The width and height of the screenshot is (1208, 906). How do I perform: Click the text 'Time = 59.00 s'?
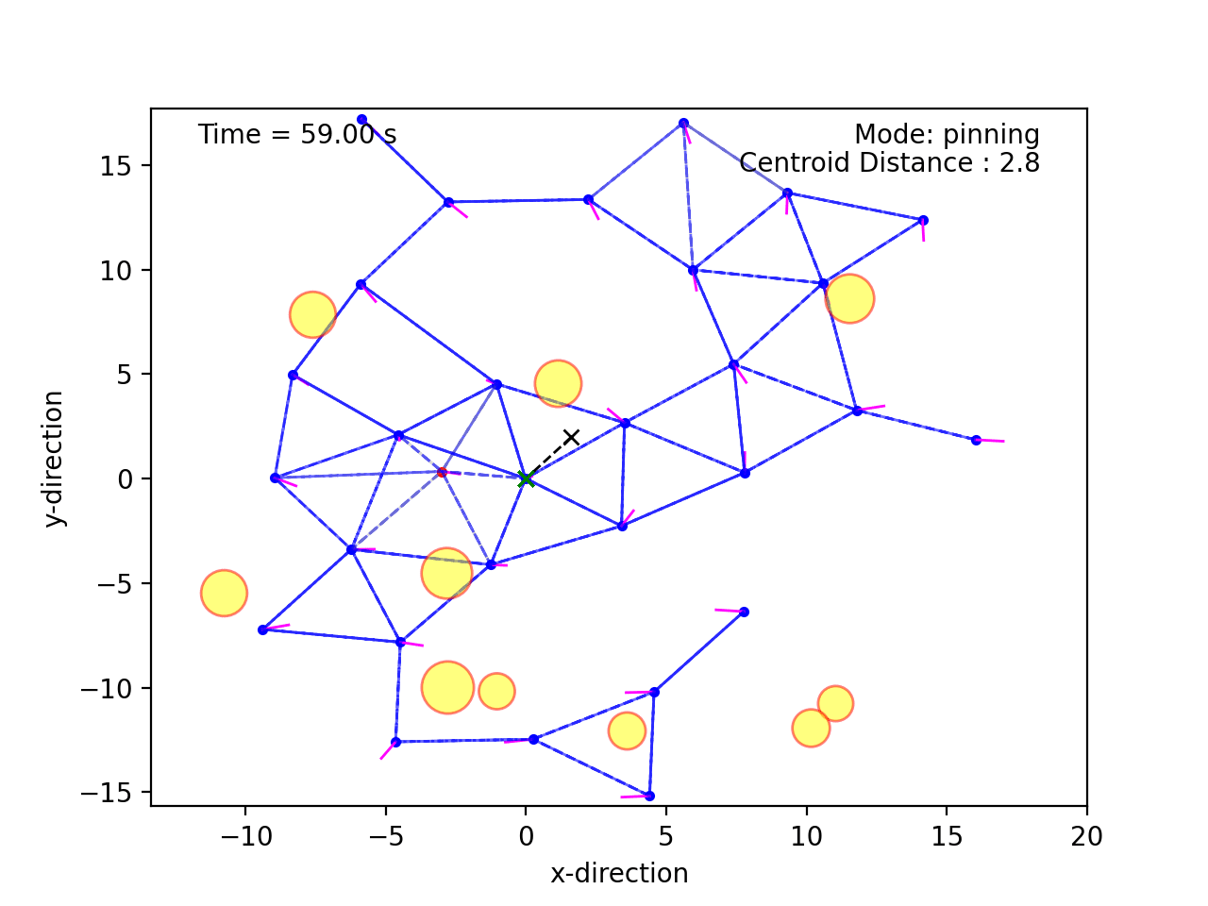click(x=296, y=135)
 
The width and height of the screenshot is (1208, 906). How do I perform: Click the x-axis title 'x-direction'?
click(x=619, y=873)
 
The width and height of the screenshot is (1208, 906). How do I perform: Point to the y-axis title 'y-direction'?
click(x=55, y=458)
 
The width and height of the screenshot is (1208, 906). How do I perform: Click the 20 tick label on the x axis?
click(x=1086, y=836)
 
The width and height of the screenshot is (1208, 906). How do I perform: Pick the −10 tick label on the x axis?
click(x=244, y=836)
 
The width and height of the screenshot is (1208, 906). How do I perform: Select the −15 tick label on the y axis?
click(x=111, y=793)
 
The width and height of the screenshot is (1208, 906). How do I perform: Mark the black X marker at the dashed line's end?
click(x=571, y=437)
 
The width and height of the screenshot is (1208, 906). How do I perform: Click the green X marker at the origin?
click(x=526, y=479)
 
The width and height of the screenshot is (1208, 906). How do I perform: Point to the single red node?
click(x=442, y=472)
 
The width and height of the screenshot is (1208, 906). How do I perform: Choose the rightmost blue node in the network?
click(x=976, y=440)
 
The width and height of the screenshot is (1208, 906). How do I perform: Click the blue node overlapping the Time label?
click(x=361, y=120)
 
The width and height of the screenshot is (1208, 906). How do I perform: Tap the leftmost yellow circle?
click(x=224, y=594)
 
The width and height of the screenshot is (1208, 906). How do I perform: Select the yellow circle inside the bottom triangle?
click(x=626, y=730)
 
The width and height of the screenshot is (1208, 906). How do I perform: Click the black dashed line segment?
click(x=548, y=458)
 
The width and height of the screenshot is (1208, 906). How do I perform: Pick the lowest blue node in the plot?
click(x=649, y=796)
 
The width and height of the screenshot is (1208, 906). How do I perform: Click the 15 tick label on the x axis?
click(x=946, y=836)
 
